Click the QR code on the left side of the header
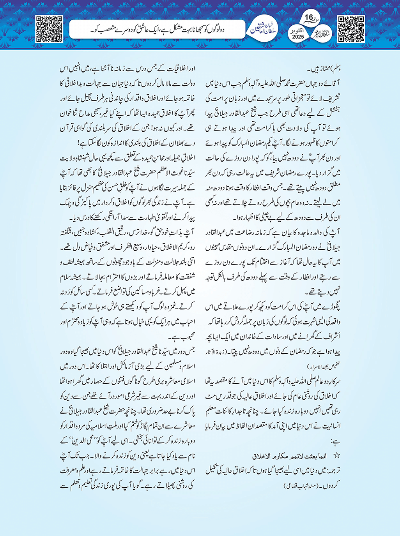point(49,28)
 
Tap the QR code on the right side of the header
point(351,28)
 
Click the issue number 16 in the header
point(309,18)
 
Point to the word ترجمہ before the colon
point(332,471)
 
